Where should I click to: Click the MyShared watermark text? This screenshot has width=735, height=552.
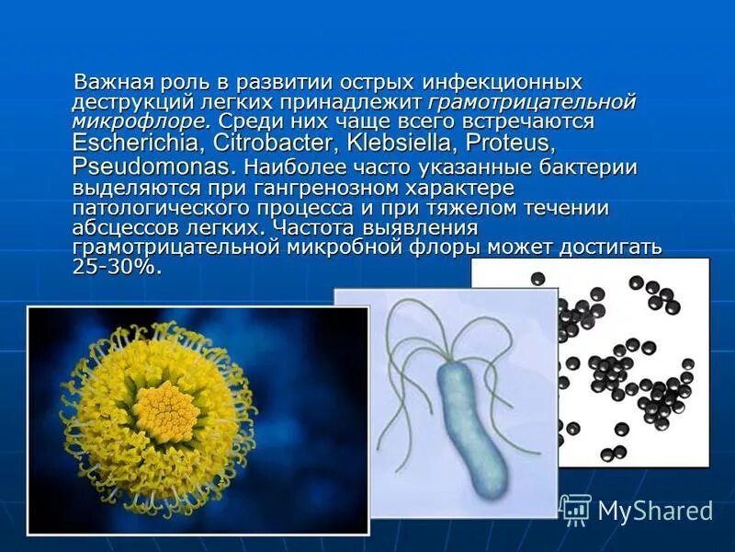pos(655,512)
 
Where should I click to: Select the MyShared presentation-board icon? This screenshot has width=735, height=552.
pos(575,509)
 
